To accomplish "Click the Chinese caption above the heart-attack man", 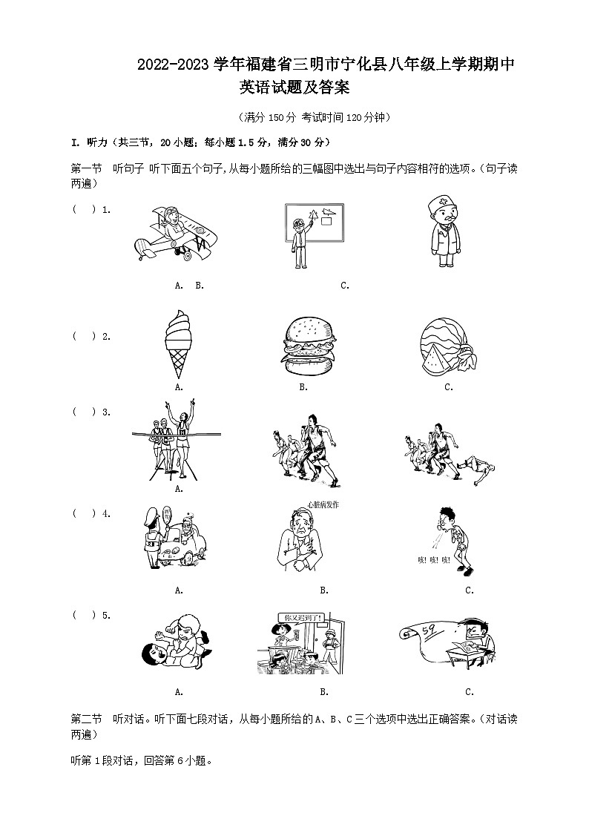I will click(322, 505).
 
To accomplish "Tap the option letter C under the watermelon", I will click(449, 387).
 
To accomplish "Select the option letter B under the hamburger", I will click(303, 387).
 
